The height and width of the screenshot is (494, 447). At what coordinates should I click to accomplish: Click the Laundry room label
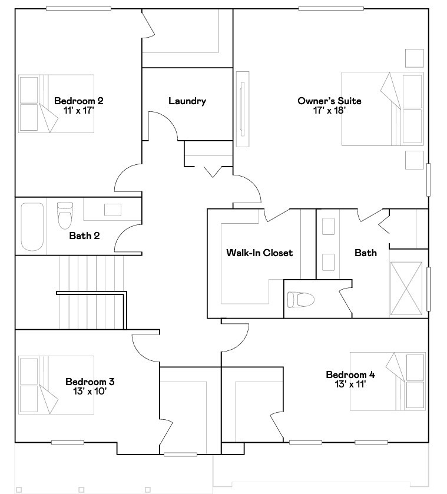(x=187, y=101)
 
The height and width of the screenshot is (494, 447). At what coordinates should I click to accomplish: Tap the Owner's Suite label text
(x=329, y=101)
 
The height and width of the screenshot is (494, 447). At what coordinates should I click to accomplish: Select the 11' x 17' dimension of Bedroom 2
(x=79, y=110)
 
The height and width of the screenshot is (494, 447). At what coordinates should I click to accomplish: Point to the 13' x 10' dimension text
(x=90, y=390)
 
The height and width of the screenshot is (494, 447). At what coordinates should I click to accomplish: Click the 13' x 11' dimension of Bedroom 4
(x=350, y=384)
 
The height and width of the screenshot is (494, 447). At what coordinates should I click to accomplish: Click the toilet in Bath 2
(x=64, y=215)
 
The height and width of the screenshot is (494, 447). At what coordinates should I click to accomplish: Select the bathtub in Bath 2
(x=32, y=227)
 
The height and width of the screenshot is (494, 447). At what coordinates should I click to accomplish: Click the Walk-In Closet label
(x=259, y=253)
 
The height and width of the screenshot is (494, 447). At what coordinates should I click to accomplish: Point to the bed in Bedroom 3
(x=56, y=384)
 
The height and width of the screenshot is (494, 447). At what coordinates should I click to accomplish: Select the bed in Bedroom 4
(x=387, y=381)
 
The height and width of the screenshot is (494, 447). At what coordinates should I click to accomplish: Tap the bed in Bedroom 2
(x=56, y=103)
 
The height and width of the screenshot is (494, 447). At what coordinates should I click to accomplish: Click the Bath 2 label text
(x=84, y=236)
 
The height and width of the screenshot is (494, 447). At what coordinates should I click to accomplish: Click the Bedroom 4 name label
(x=350, y=374)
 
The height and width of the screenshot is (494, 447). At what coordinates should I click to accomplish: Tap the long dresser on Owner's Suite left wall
(x=242, y=109)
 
